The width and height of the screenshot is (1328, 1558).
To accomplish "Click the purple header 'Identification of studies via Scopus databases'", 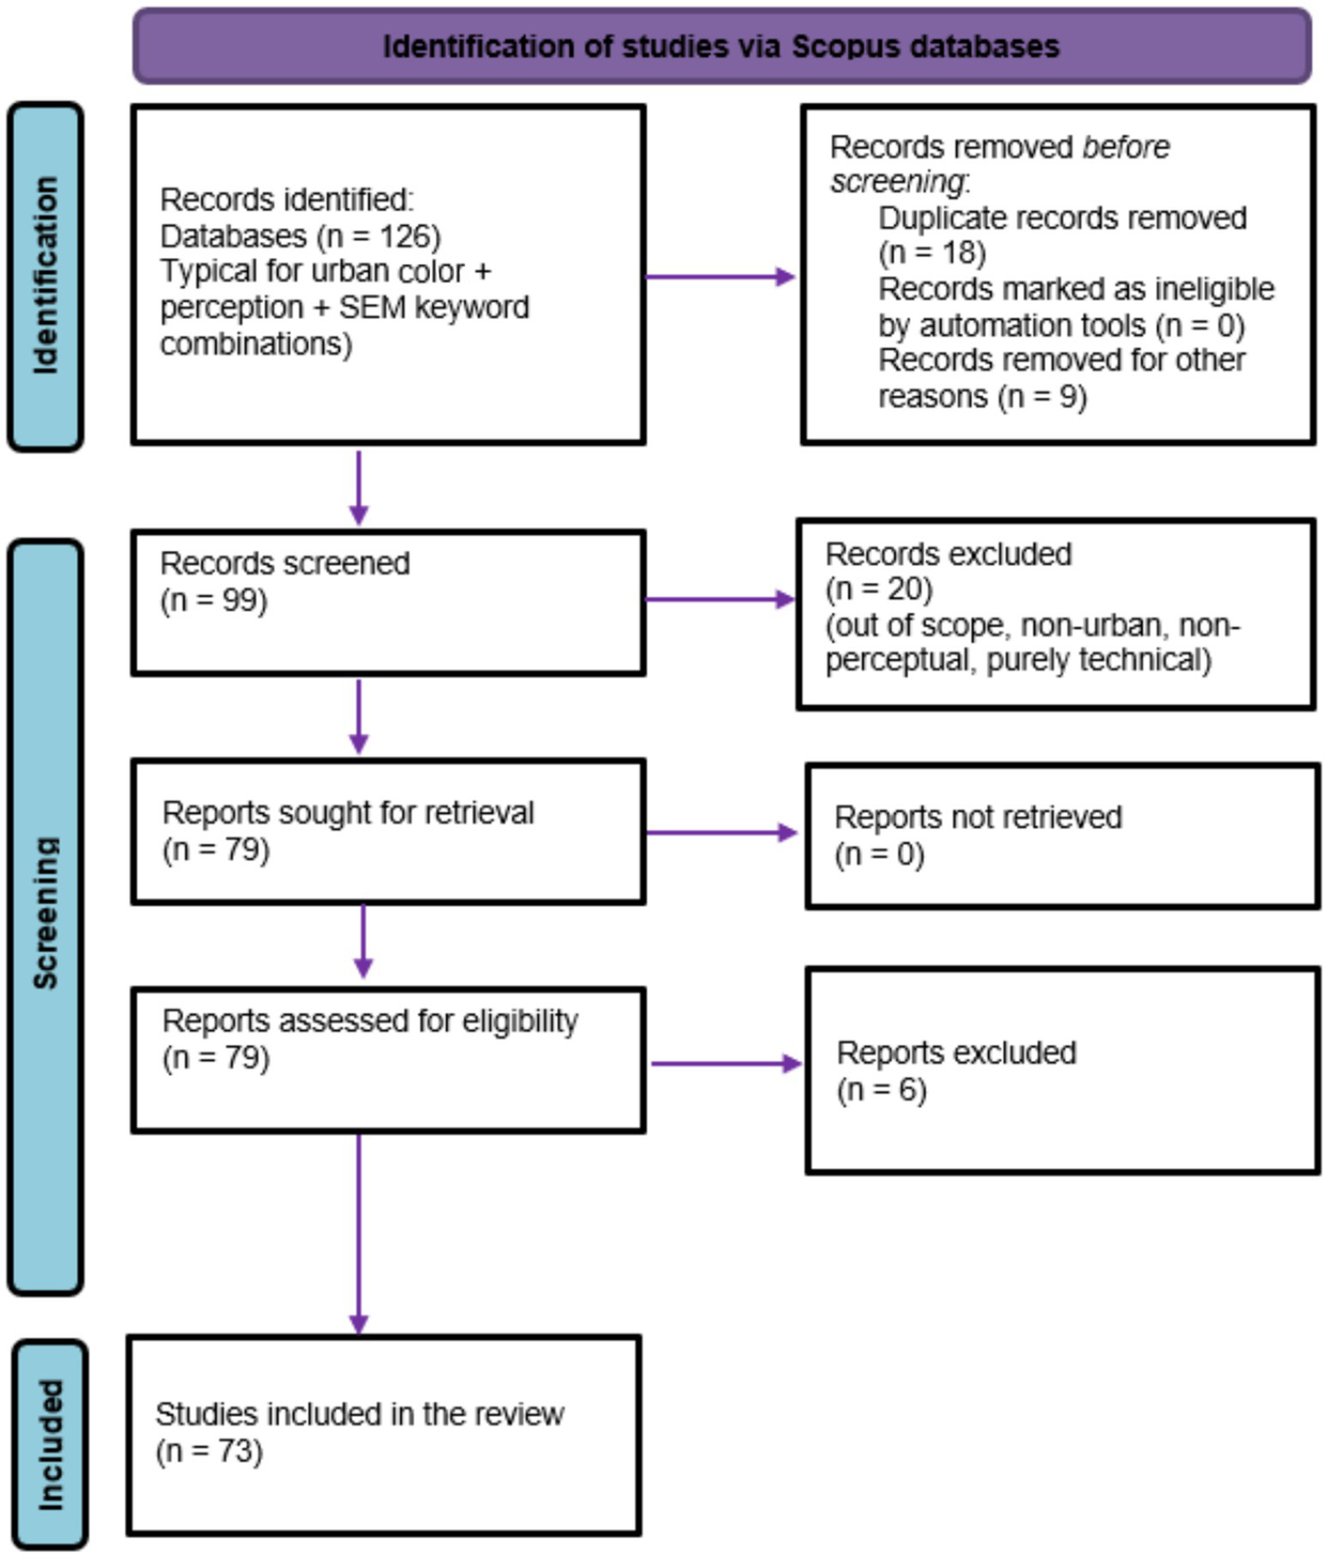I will (x=721, y=46).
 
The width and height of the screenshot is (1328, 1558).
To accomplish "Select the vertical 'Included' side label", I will (x=50, y=1444).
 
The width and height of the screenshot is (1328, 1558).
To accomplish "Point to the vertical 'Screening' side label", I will (x=45, y=913).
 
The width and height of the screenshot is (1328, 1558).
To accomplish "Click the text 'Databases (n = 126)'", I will (x=299, y=236).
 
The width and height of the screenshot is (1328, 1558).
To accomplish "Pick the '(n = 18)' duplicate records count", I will (x=932, y=253).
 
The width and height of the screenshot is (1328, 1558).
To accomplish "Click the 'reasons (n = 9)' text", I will (x=982, y=397).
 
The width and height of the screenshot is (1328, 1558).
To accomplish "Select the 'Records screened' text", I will (x=285, y=564).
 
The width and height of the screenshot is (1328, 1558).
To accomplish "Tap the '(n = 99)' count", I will (x=214, y=600).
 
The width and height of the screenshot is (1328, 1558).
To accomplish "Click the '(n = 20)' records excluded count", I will (x=878, y=590).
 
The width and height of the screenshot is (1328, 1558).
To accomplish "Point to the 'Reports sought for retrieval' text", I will (x=348, y=813).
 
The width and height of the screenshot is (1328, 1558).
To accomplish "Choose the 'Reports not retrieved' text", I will (x=978, y=817).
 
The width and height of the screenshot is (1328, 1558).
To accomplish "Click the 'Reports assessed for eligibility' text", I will (x=369, y=1021).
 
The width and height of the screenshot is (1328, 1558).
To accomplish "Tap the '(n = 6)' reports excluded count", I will (x=881, y=1090).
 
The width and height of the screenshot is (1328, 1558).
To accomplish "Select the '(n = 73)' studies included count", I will (x=209, y=1451).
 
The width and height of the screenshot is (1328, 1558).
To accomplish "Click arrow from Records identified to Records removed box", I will (x=720, y=277).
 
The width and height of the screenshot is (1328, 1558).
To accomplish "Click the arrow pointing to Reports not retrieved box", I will (x=722, y=832).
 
